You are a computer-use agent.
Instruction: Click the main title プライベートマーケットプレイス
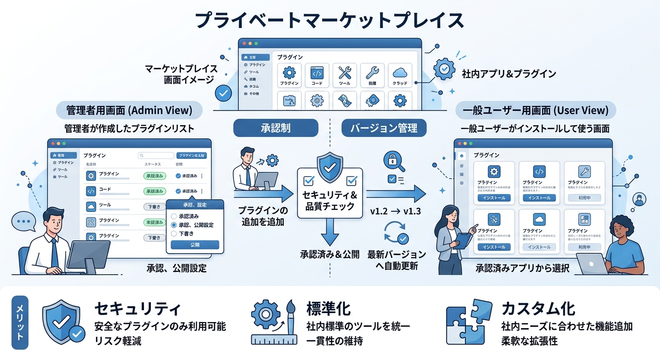pyautogui.click(x=329, y=21)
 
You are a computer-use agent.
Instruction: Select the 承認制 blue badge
pyautogui.click(x=276, y=128)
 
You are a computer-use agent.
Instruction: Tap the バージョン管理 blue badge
pyautogui.click(x=383, y=128)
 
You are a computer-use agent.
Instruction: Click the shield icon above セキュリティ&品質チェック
pyautogui.click(x=330, y=165)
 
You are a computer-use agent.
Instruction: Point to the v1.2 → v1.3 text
pyautogui.click(x=395, y=211)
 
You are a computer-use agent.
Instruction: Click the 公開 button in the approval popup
pyautogui.click(x=195, y=245)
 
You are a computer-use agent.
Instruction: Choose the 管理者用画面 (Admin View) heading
pyautogui.click(x=129, y=111)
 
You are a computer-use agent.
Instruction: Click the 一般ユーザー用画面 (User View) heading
pyautogui.click(x=535, y=111)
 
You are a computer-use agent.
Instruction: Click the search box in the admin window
pyautogui.click(x=157, y=156)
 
